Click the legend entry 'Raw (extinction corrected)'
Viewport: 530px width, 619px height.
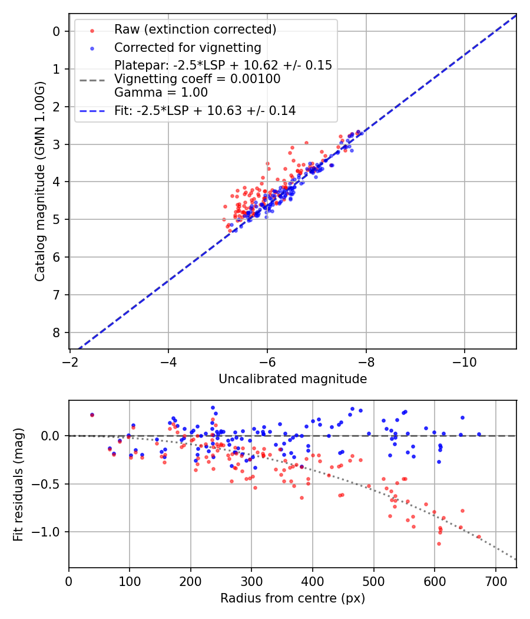pos(195,29)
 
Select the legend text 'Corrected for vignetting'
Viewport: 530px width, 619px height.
pos(187,47)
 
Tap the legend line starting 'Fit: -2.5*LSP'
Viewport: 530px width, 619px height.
pos(204,110)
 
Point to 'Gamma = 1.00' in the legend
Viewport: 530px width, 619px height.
pos(161,92)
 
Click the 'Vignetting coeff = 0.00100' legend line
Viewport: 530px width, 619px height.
pos(197,78)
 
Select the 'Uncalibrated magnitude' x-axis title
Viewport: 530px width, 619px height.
pos(293,379)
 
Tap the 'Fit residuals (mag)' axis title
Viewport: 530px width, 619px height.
pos(18,485)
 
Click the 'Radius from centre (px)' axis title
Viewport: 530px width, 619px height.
pos(293,598)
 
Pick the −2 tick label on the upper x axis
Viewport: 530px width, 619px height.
pos(70,360)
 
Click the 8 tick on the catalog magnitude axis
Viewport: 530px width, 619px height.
pos(57,332)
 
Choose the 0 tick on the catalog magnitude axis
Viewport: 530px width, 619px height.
pos(57,31)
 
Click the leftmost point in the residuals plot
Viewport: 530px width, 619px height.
pos(92,415)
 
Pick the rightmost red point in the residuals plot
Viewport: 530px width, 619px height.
pos(479,537)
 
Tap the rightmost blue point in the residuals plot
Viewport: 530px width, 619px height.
pos(479,434)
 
